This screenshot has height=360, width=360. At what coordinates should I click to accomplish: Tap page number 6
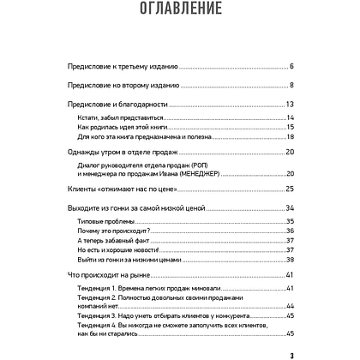(292, 65)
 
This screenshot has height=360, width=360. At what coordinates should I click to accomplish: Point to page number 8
(292, 85)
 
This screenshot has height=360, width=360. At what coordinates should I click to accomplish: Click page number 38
(291, 260)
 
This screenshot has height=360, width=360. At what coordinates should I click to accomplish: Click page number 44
(291, 307)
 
